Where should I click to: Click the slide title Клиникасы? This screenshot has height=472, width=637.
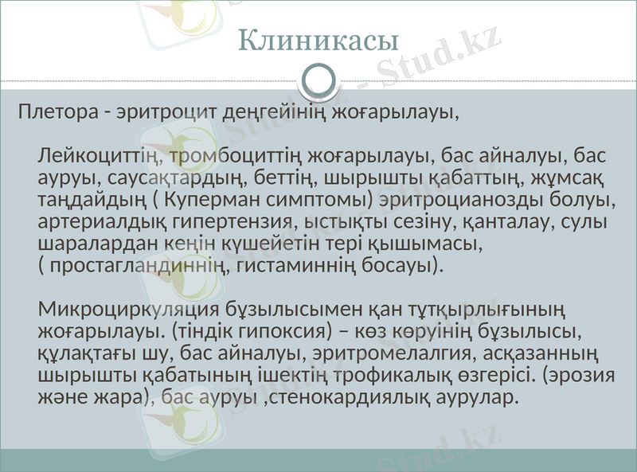coord(318,39)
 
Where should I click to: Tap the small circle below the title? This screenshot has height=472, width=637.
coord(318,80)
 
